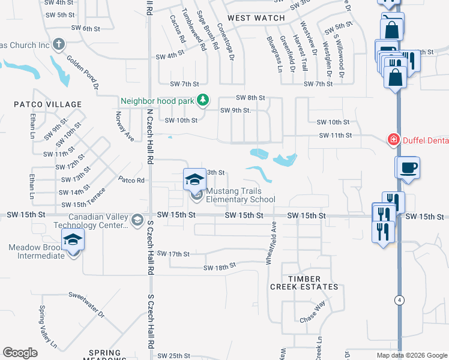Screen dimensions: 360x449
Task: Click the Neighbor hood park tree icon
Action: [x=203, y=100]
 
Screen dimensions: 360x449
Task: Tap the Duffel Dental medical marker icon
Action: [x=394, y=140]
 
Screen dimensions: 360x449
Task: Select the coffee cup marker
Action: [x=408, y=167]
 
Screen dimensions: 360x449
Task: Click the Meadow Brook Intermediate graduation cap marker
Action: [x=73, y=241]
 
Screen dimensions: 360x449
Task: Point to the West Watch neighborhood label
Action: [x=256, y=18]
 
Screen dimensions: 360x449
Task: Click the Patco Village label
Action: [x=48, y=104]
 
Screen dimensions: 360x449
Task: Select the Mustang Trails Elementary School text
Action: [x=241, y=196]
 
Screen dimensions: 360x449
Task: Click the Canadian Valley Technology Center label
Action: [x=98, y=221]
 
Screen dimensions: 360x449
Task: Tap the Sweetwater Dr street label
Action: [x=86, y=304]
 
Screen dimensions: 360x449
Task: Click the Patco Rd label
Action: [x=131, y=179]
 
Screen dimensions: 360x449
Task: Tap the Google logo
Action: [x=20, y=352]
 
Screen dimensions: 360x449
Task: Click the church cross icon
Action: [x=58, y=44]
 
